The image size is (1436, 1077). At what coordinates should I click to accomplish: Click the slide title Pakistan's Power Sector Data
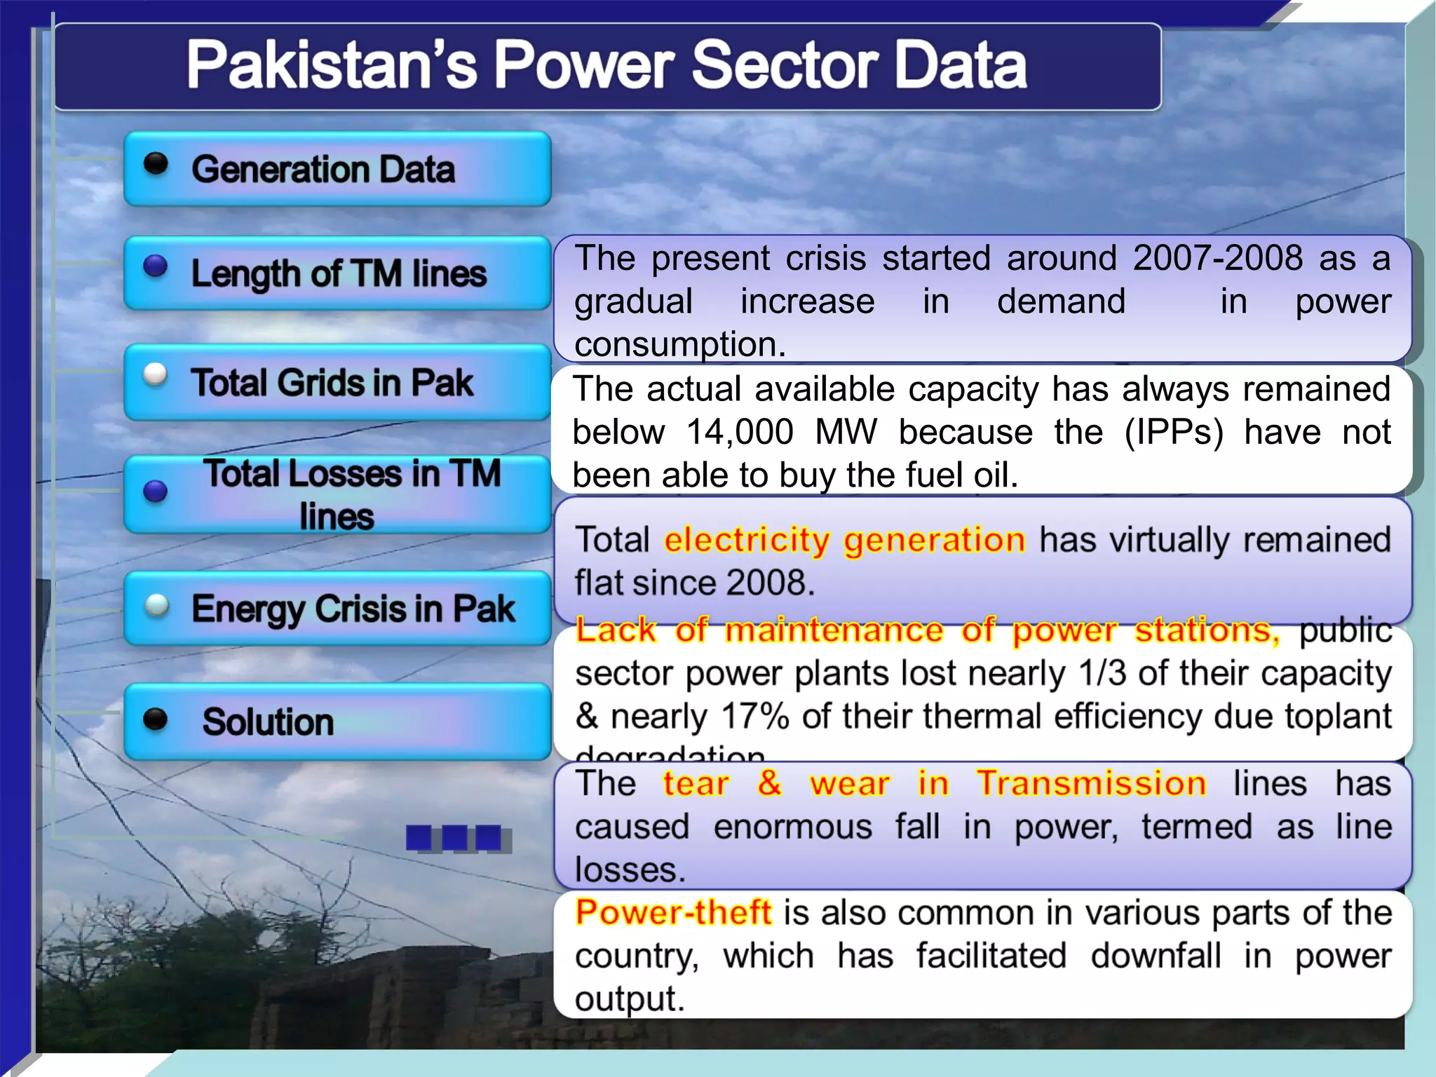point(607,65)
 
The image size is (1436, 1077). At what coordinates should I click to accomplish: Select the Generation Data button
point(337,169)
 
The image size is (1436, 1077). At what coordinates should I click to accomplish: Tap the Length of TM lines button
point(337,273)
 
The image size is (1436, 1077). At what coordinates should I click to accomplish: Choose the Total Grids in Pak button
point(337,382)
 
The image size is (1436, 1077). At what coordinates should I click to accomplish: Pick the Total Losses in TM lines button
point(337,494)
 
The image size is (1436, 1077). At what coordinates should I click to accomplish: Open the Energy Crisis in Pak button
point(337,609)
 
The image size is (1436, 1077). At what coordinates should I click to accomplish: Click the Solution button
point(337,722)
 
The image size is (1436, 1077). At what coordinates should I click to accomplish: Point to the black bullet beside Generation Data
point(156,164)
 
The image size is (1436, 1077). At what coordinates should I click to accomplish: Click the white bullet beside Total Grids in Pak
point(155,374)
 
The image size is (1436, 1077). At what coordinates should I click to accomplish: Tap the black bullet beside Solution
point(155,719)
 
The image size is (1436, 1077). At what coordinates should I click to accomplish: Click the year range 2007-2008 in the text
point(1217,258)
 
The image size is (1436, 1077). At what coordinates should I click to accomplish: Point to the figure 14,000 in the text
point(740,432)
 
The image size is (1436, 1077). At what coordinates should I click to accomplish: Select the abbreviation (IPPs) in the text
point(1173,432)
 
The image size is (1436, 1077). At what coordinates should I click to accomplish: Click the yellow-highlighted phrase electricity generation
point(844,541)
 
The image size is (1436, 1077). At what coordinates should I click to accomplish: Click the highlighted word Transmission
point(1091,783)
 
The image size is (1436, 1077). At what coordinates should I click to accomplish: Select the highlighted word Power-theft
point(673,912)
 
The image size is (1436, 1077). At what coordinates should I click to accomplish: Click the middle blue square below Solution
point(454,837)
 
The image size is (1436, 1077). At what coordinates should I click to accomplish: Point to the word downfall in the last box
point(1156,956)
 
